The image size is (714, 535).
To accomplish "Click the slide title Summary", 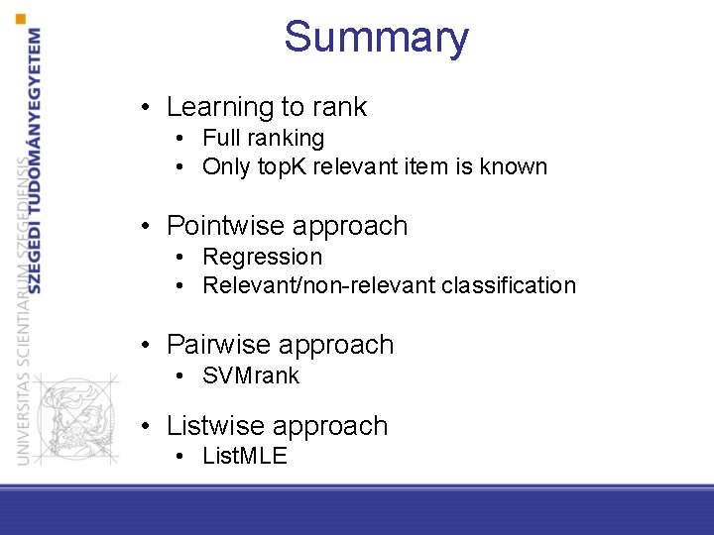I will click(376, 38).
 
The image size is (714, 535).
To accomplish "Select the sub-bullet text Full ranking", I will click(263, 138).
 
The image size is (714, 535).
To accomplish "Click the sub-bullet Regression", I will click(262, 257).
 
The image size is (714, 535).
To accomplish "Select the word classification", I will click(509, 285).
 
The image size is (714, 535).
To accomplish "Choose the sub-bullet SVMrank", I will click(250, 375).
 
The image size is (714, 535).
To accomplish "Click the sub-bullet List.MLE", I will click(244, 456).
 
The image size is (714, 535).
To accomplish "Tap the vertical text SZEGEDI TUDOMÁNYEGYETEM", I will click(36, 159).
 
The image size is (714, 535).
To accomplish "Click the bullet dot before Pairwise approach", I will click(146, 345).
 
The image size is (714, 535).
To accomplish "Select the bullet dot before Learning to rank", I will click(146, 107).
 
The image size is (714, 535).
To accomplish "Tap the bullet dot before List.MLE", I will click(181, 456).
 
